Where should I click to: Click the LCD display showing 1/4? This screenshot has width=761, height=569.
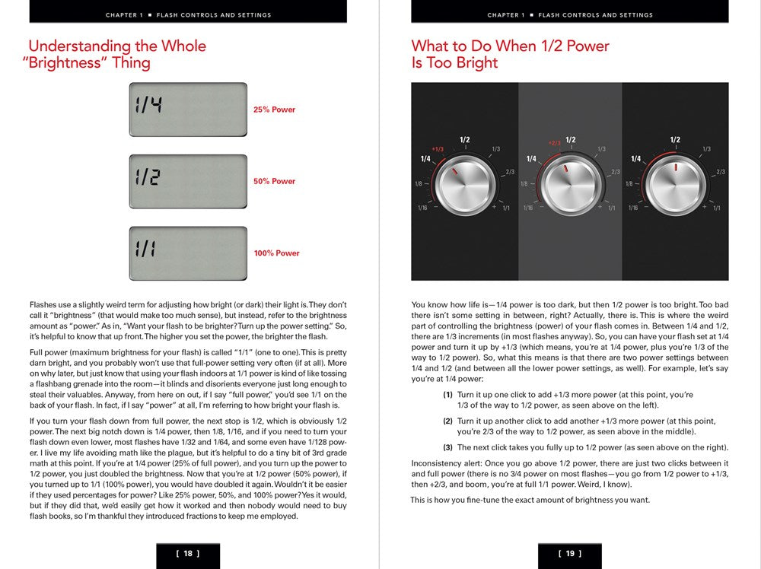(x=188, y=110)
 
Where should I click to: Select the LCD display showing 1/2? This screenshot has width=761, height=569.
(x=188, y=181)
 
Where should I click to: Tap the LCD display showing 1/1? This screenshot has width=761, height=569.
(x=188, y=253)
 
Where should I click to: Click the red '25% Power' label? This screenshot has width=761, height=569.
(x=274, y=110)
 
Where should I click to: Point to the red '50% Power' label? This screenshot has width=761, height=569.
(x=274, y=182)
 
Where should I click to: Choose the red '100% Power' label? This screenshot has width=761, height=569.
(x=276, y=253)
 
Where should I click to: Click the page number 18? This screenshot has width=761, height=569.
(x=188, y=554)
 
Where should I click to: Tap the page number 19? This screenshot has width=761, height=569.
(x=570, y=554)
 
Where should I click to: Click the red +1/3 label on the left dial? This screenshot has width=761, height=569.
(x=438, y=149)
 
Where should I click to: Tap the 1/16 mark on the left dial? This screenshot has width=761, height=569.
(x=422, y=208)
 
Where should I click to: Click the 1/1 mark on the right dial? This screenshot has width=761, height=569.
(x=716, y=208)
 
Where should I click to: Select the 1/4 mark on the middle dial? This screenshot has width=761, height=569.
(x=531, y=158)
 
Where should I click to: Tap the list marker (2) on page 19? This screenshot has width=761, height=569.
(x=448, y=421)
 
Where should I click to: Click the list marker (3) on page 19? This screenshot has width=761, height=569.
(x=448, y=447)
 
